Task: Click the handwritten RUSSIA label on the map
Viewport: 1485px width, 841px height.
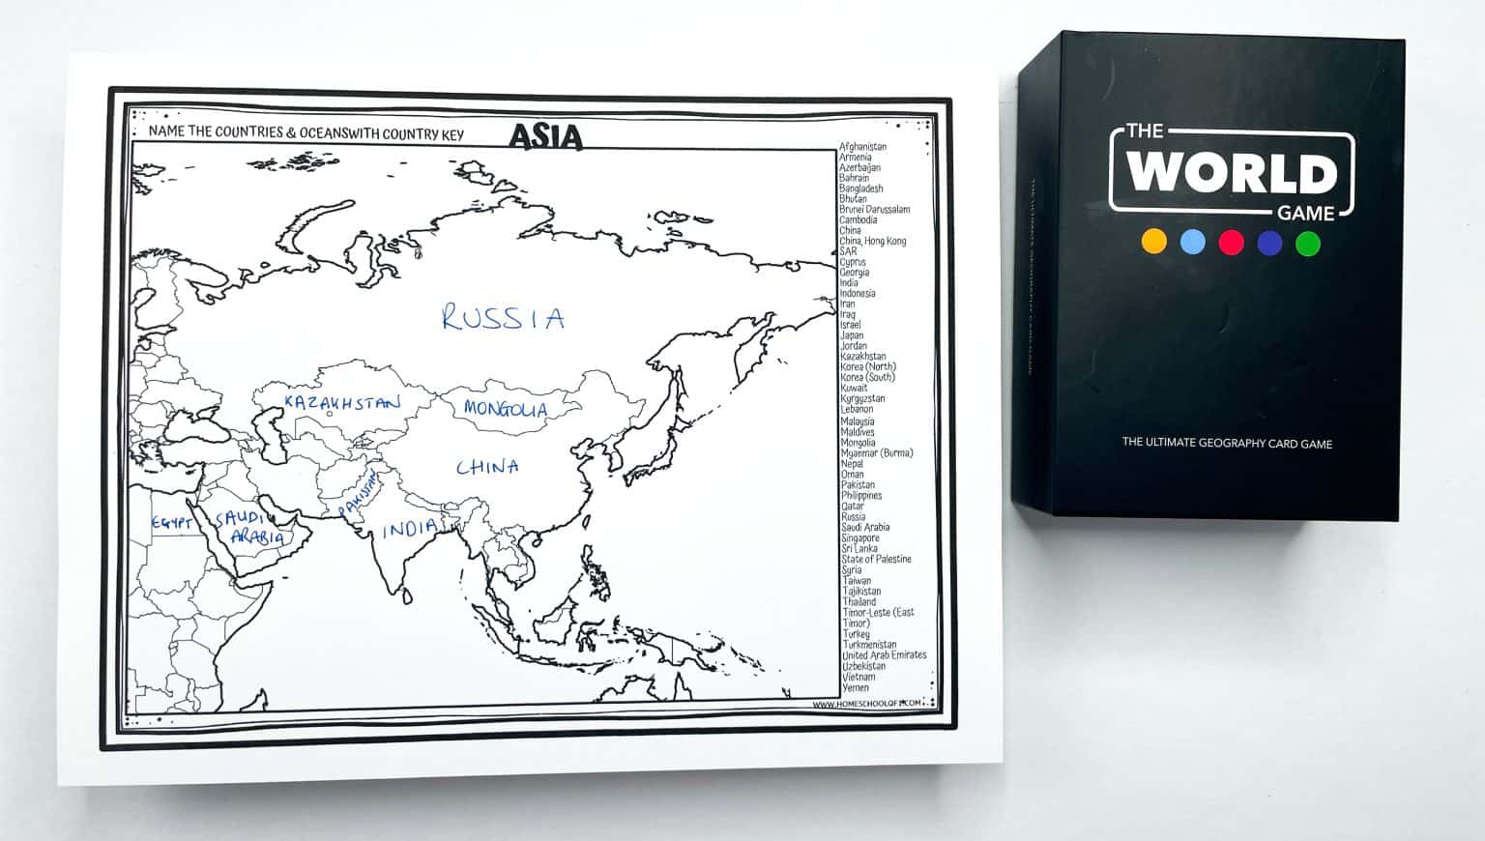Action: [x=503, y=317]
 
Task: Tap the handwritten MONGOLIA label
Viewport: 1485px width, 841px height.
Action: [x=505, y=409]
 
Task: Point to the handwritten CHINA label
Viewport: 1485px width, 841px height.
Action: [x=487, y=467]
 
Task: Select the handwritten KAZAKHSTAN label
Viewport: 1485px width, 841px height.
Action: [x=341, y=402]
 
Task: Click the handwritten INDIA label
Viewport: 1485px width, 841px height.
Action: [x=409, y=529]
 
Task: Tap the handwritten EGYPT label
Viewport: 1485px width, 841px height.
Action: [x=172, y=523]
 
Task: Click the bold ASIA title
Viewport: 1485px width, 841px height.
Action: [x=546, y=136]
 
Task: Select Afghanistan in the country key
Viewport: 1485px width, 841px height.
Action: [x=862, y=147]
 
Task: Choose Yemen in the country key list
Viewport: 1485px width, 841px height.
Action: [x=856, y=687]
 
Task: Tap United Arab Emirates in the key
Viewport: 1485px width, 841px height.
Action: [x=884, y=655]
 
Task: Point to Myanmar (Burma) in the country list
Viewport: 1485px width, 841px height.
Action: [x=876, y=453]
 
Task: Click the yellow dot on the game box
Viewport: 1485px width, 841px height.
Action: [x=1154, y=242]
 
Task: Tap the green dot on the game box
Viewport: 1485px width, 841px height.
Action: [x=1307, y=243]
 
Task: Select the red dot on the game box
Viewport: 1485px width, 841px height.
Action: [x=1231, y=242]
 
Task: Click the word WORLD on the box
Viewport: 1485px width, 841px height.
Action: [x=1232, y=173]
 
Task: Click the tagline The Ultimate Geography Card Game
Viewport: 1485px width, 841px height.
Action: [x=1227, y=444]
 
